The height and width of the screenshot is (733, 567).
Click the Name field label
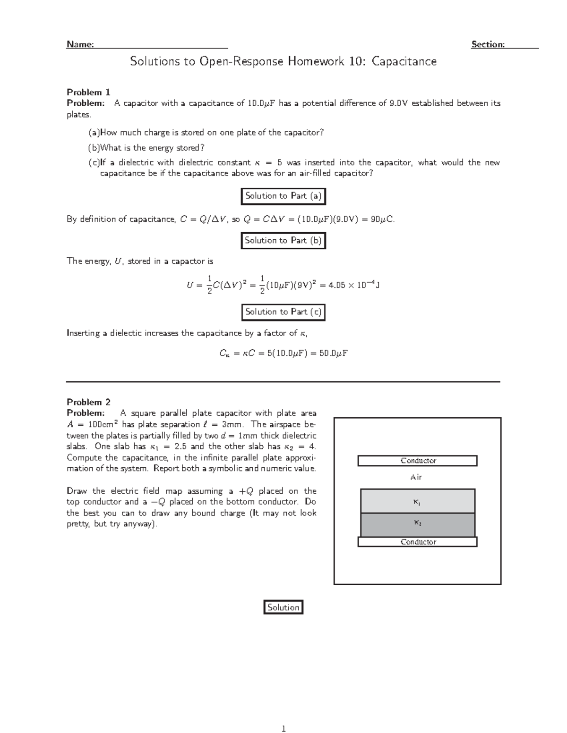[x=80, y=44]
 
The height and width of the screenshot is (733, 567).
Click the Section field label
[x=488, y=44]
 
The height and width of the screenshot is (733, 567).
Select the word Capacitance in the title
[x=404, y=61]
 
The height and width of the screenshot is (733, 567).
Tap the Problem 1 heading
[x=88, y=92]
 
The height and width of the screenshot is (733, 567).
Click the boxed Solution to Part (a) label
[x=283, y=196]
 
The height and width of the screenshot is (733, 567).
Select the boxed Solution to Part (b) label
[x=283, y=241]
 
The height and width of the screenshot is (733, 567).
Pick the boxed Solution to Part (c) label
[x=283, y=312]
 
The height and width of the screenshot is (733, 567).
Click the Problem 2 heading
[x=88, y=402]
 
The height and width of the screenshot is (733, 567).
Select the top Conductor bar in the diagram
[x=417, y=461]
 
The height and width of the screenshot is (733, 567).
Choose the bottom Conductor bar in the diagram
[x=417, y=542]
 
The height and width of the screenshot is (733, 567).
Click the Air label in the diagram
[x=416, y=477]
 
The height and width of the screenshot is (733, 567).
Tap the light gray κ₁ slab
[x=417, y=501]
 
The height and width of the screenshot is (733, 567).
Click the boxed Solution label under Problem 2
[x=283, y=607]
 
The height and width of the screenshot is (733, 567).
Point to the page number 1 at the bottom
[x=283, y=729]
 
